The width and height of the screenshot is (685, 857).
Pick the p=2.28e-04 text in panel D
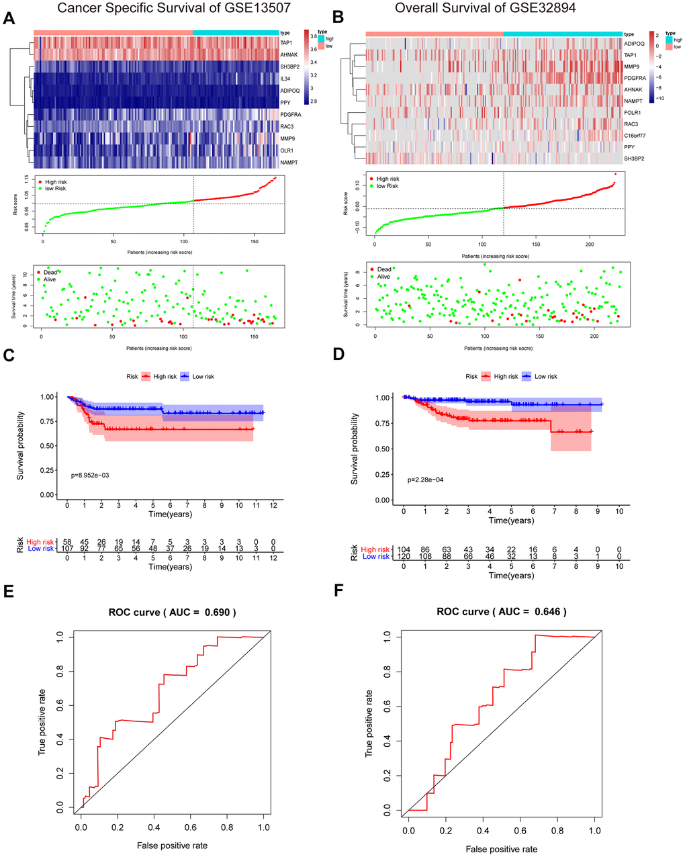425,480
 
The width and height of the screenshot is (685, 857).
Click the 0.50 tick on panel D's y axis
385,449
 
